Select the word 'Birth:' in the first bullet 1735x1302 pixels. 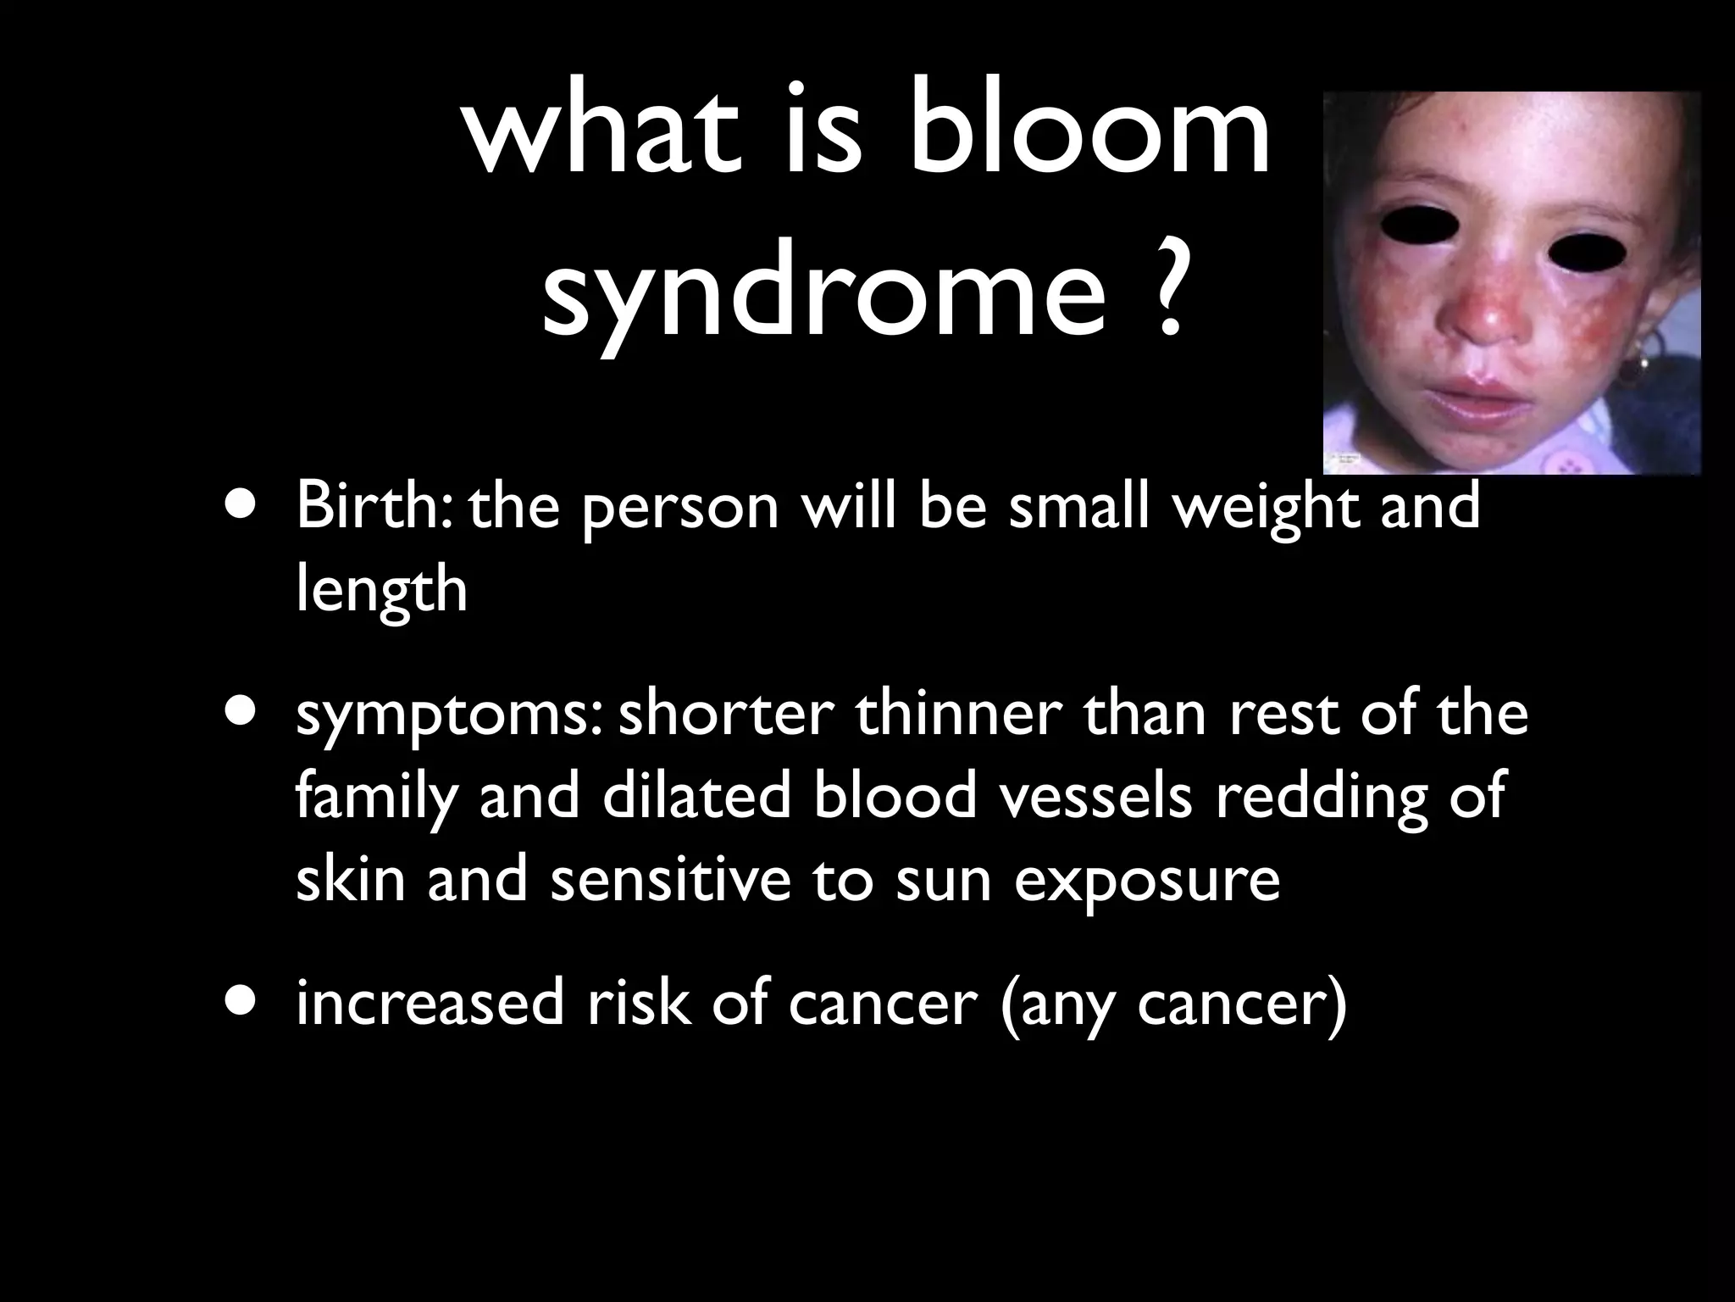373,506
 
